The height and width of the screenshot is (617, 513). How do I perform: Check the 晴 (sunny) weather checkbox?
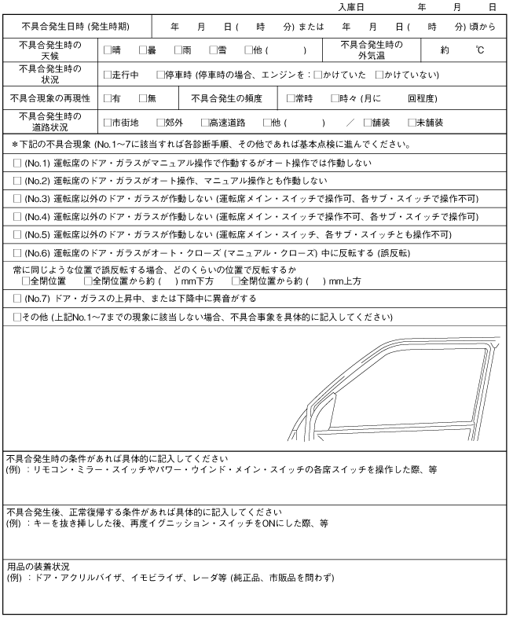108,50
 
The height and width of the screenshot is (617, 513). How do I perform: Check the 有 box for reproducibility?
108,98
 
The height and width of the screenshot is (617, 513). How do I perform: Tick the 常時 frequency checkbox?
290,98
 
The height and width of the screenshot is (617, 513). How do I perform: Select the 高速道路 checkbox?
204,123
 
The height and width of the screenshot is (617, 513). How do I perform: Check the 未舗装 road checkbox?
411,123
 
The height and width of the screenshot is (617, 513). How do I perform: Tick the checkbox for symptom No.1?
17,163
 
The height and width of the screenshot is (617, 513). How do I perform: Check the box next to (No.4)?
17,216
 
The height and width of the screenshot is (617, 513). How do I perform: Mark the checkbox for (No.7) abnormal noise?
17,299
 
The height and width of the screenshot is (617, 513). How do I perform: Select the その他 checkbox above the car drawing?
17,317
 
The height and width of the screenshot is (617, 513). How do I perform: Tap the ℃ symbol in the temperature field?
478,50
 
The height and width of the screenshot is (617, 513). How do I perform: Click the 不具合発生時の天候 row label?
49,50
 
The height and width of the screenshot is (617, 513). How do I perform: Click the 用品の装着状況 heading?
38,566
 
